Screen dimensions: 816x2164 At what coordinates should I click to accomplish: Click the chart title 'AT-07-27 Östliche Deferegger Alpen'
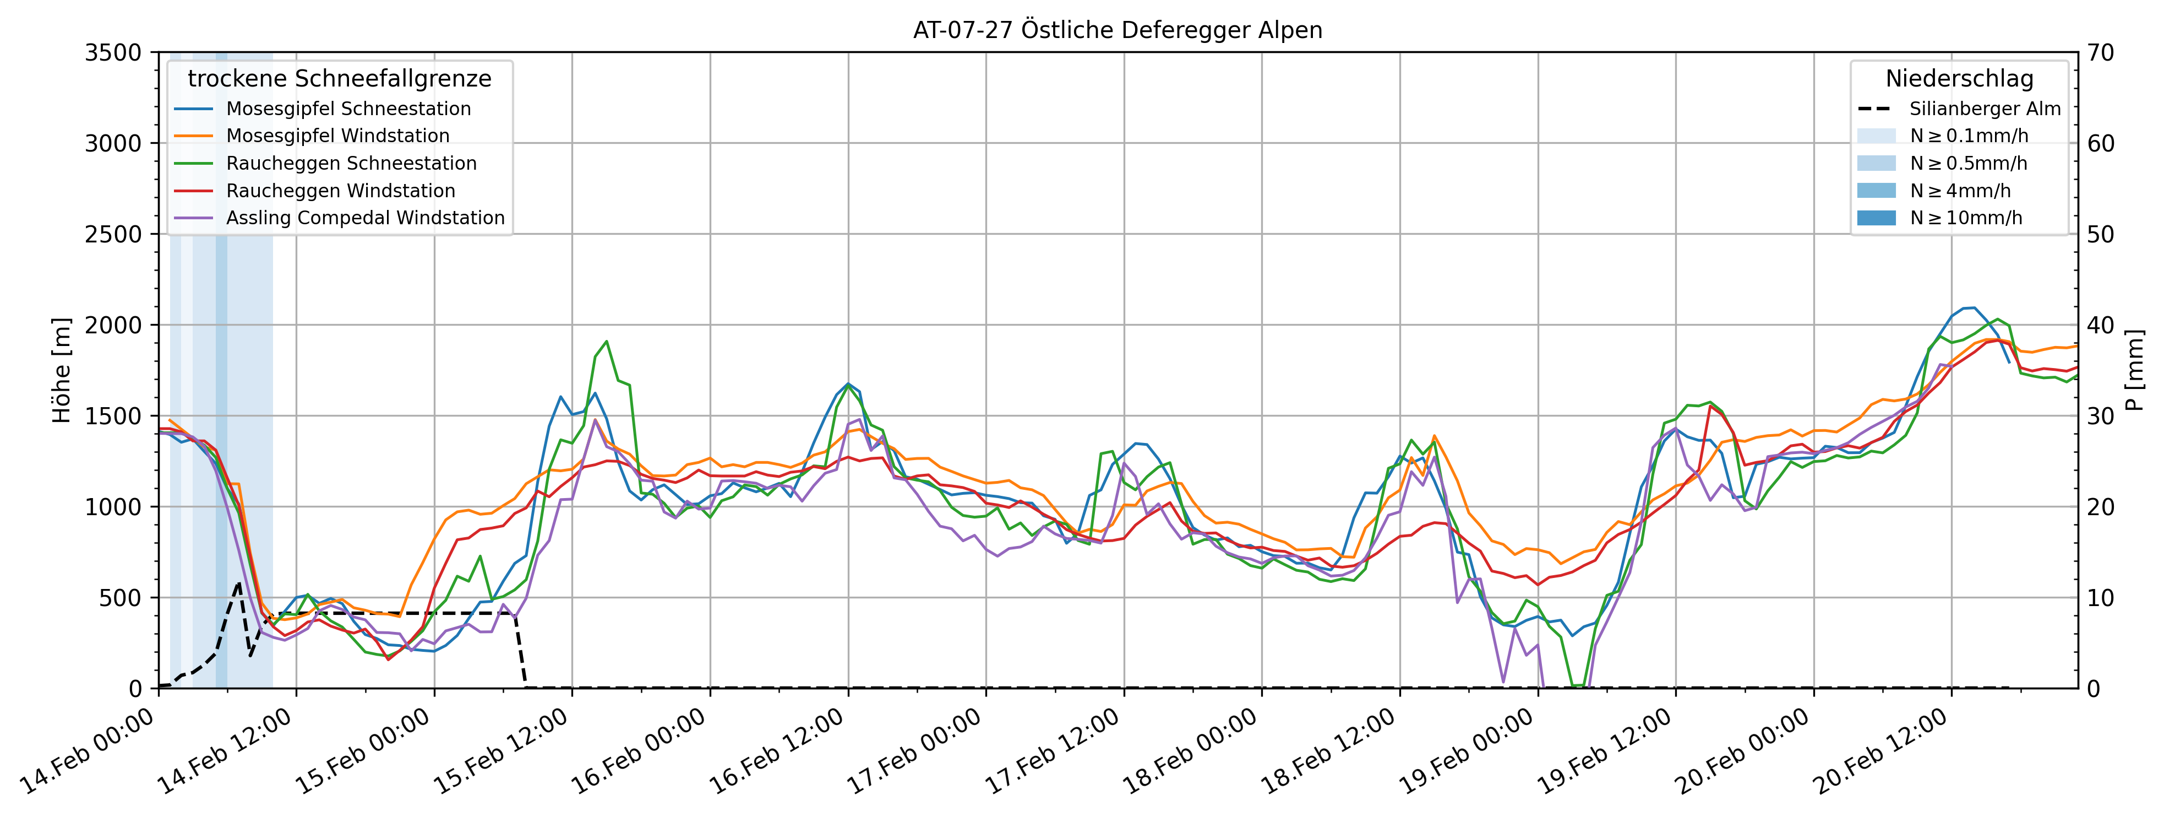click(x=1118, y=30)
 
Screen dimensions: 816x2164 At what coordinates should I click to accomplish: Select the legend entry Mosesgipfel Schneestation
click(x=348, y=109)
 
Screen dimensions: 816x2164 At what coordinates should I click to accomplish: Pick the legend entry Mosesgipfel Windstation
click(x=337, y=136)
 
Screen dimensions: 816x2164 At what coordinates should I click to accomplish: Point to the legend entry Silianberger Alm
click(x=1984, y=109)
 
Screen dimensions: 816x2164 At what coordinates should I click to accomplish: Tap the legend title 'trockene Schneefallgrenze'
click(x=340, y=79)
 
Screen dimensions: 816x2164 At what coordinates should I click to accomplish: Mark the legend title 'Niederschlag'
click(x=1959, y=79)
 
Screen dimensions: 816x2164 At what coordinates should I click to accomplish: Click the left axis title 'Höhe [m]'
click(x=61, y=370)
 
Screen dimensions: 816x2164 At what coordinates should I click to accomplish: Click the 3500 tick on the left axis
click(x=113, y=53)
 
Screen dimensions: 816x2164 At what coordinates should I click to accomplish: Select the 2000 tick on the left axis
click(x=113, y=325)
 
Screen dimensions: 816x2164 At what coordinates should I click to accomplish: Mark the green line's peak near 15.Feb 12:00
click(x=607, y=341)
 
